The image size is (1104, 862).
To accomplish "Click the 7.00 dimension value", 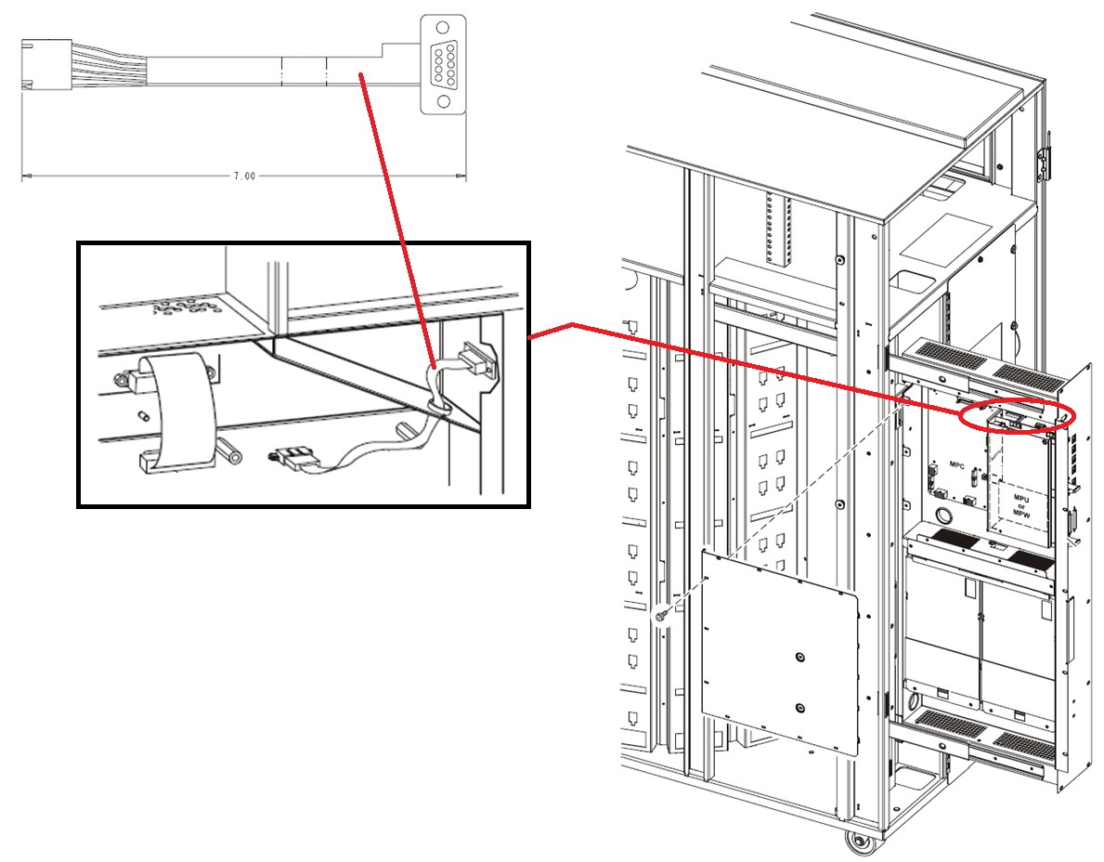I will tap(243, 176).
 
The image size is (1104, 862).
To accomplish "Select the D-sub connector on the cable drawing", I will tap(444, 64).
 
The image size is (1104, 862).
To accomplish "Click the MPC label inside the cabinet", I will tap(957, 462).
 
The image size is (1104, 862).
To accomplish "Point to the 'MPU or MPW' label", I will tap(1021, 507).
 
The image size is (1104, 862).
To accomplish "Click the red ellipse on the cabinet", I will tap(1018, 418).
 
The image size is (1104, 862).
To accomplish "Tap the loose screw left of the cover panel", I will tap(661, 615).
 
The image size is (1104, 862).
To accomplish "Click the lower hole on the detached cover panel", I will tap(800, 708).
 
